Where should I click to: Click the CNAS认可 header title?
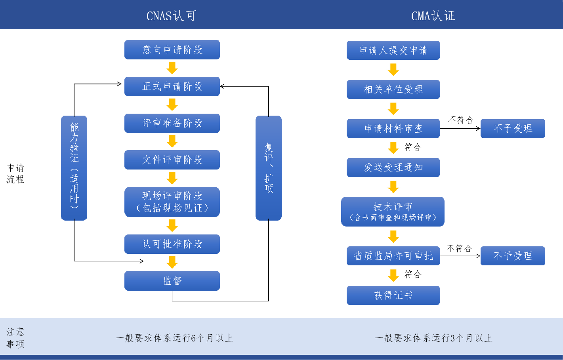(171, 16)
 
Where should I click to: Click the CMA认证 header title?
(433, 16)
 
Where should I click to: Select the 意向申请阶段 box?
(172, 50)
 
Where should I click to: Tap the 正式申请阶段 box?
(172, 86)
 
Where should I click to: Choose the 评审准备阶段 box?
(172, 123)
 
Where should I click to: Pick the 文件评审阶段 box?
(172, 160)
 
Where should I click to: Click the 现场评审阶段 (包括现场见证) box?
(172, 202)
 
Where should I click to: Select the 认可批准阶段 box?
(172, 244)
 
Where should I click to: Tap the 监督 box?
(172, 281)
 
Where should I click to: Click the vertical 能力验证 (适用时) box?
(74, 168)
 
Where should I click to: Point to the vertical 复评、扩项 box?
(269, 168)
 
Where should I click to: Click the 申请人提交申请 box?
(393, 50)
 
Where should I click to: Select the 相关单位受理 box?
(393, 90)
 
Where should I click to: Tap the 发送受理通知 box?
(393, 168)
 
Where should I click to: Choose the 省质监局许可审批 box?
(393, 256)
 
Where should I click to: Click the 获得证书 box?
(393, 295)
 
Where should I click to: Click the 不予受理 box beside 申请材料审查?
(513, 129)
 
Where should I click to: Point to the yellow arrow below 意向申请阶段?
(172, 68)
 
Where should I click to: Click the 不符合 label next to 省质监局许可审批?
(459, 248)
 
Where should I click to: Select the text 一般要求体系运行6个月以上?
(174, 338)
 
